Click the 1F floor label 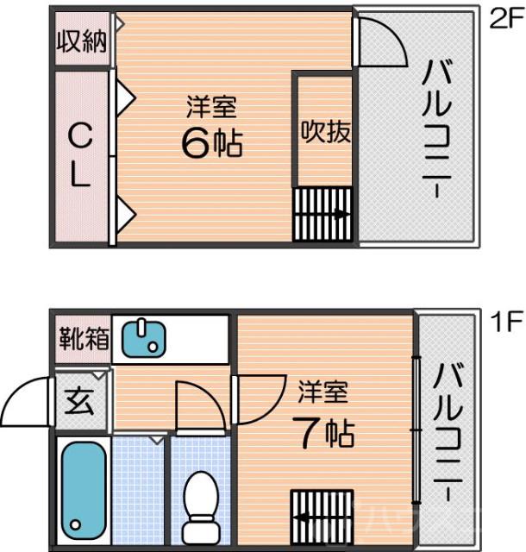click(x=506, y=323)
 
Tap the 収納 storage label click(x=82, y=41)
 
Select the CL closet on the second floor click(x=79, y=157)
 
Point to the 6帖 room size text click(x=211, y=142)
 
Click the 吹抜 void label click(x=325, y=131)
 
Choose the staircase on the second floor click(x=322, y=215)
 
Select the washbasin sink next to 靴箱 click(x=142, y=337)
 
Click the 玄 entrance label click(x=81, y=400)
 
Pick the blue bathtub click(x=82, y=491)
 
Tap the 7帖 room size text click(x=323, y=431)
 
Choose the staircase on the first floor click(x=322, y=517)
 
